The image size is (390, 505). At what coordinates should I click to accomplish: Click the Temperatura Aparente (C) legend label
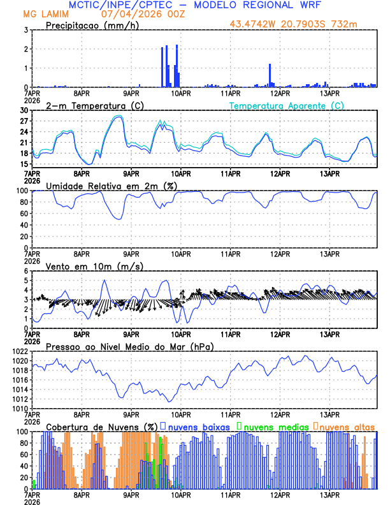(x=287, y=105)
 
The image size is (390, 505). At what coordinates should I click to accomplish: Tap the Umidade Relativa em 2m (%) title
(x=112, y=186)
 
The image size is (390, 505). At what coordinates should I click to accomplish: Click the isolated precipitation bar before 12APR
(x=270, y=75)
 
